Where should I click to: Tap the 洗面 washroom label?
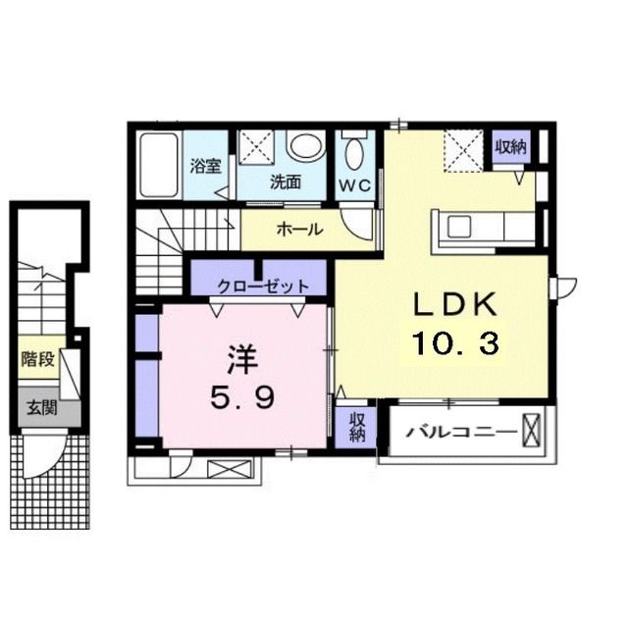pos(286,182)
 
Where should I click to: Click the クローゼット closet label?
pos(263,287)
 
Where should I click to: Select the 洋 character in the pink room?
pos(242,359)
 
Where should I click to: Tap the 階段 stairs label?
pos(38,360)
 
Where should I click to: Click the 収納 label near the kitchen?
pos(510,147)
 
